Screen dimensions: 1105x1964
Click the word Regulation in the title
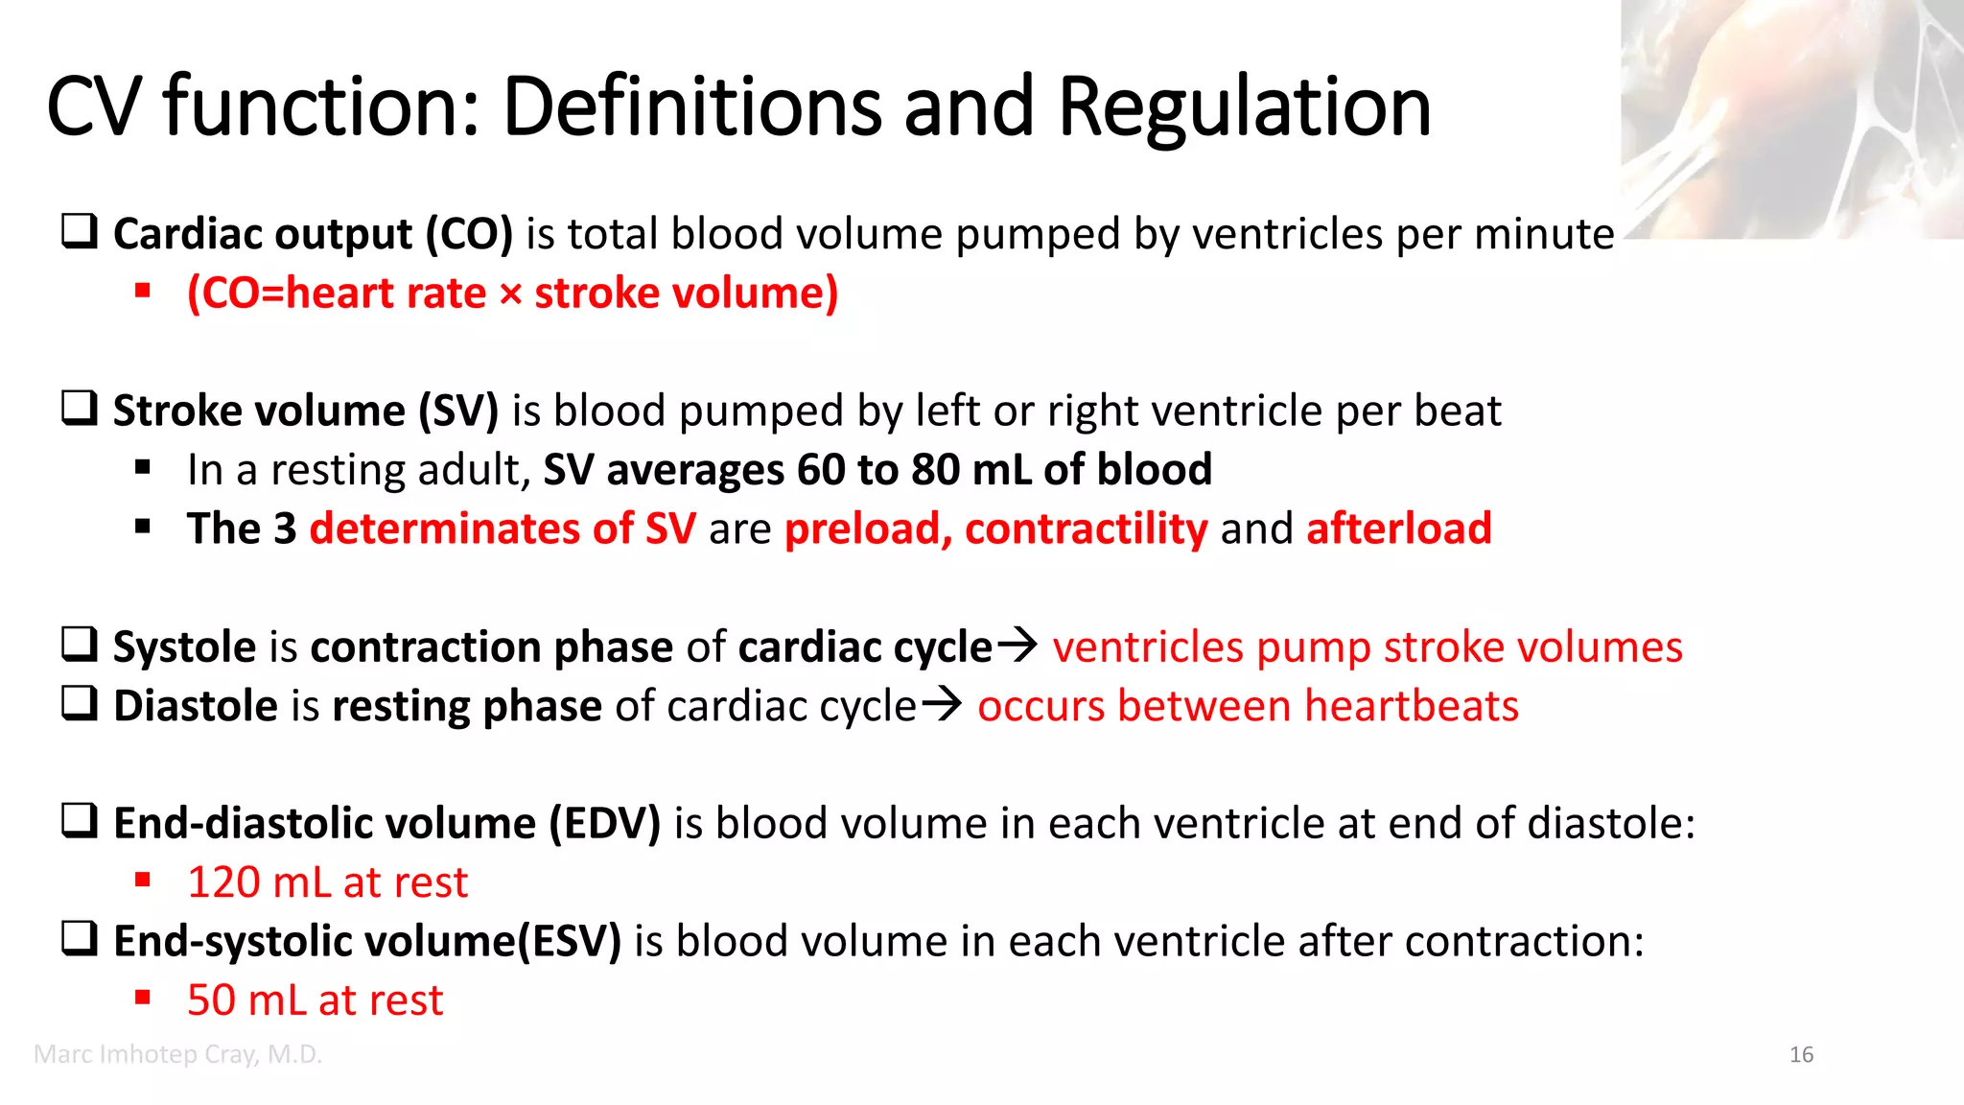point(1244,106)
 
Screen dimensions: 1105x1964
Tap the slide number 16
point(1801,1055)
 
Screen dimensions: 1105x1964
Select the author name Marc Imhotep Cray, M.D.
point(177,1054)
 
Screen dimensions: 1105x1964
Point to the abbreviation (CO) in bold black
point(469,234)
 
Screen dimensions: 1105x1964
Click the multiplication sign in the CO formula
point(510,294)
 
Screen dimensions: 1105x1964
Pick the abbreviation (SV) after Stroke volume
point(458,411)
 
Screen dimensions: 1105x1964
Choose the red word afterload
point(1398,529)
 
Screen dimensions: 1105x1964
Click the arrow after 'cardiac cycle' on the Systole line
point(1017,645)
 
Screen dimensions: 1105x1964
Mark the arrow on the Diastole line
point(941,705)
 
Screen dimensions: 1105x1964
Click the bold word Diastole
point(196,706)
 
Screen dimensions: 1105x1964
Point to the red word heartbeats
point(1412,706)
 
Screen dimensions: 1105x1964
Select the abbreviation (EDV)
point(604,824)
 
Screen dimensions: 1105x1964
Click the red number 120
point(223,882)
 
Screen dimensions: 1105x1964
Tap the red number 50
point(211,1000)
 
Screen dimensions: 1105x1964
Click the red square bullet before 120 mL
point(143,879)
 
